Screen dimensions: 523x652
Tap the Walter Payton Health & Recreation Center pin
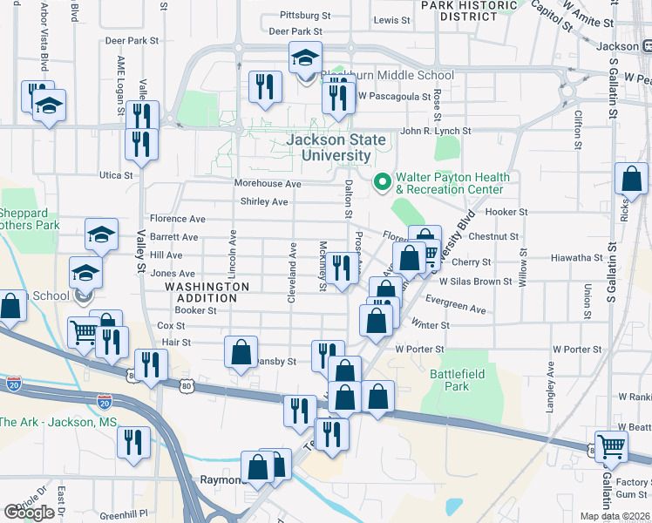(x=381, y=182)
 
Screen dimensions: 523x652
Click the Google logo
(x=29, y=513)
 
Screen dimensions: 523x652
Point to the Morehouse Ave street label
(x=268, y=184)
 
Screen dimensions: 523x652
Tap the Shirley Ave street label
(x=264, y=202)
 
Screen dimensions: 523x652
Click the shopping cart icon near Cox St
(x=84, y=331)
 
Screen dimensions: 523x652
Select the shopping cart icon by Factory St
(x=611, y=445)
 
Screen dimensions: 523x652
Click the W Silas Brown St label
(x=475, y=282)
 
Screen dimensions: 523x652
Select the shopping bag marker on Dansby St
(x=241, y=352)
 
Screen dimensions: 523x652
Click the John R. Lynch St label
(x=435, y=132)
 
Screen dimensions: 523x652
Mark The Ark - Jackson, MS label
(x=58, y=422)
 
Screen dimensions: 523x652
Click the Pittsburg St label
(x=306, y=16)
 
